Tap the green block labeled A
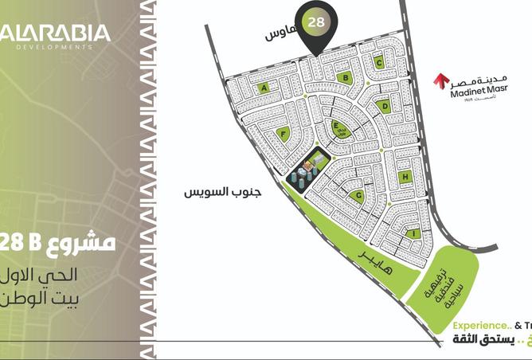264,89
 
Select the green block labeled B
344,77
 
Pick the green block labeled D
385,106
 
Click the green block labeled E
337,127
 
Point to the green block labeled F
284,135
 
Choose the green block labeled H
405,177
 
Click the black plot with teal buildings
308,170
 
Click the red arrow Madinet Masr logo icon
440,81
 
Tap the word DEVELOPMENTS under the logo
54,48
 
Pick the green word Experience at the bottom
479,325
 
